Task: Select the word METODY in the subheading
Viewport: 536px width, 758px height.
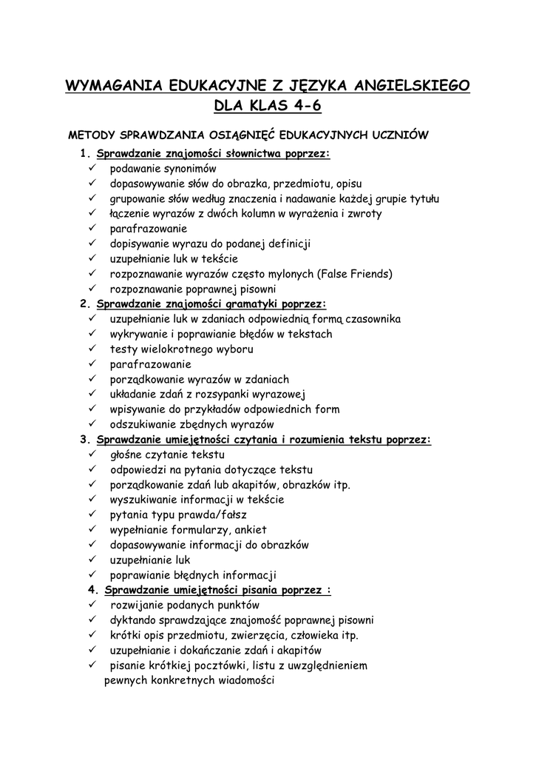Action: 92,135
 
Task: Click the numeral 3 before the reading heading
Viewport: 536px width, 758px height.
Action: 84,440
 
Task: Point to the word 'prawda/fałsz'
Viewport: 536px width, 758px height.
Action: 215,514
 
